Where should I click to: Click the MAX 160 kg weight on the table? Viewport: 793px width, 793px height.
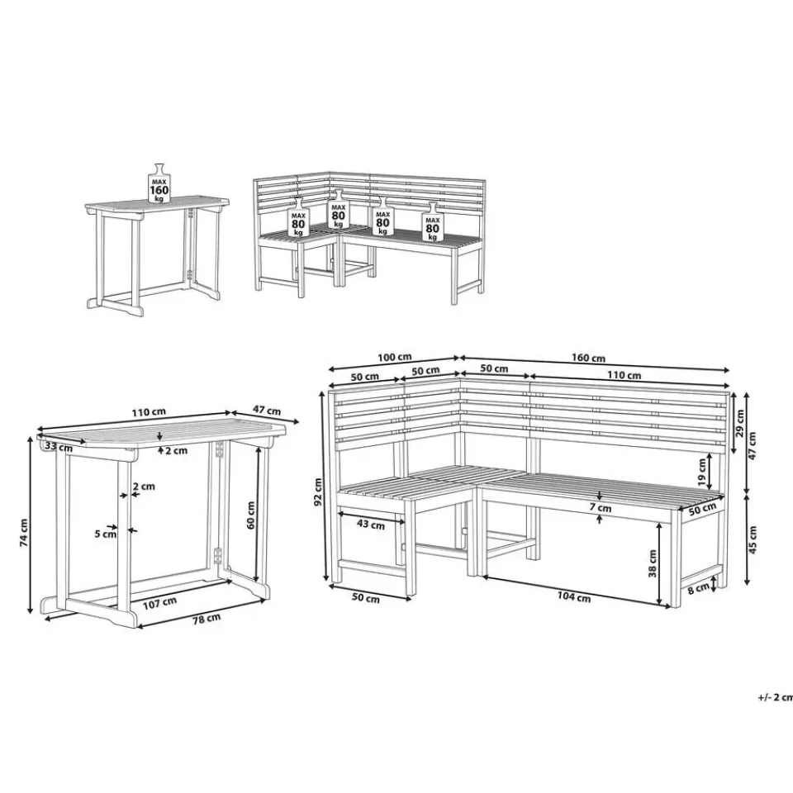tap(159, 183)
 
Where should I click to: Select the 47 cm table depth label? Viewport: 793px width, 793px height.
tap(267, 410)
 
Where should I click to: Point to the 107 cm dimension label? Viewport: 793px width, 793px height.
tap(159, 602)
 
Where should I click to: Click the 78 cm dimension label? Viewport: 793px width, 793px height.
tap(206, 618)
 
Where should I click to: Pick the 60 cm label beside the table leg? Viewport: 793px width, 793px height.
tap(251, 515)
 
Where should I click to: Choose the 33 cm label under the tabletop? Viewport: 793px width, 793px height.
tap(59, 447)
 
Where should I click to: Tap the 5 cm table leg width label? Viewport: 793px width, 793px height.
tap(105, 534)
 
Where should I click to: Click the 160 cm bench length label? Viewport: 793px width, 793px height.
tap(588, 358)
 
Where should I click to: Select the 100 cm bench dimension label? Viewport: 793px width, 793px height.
tap(395, 357)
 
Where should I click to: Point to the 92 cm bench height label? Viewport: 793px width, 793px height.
tap(317, 492)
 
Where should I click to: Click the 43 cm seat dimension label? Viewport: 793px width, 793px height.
tap(371, 525)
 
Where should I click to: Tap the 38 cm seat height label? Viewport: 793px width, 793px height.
tap(653, 563)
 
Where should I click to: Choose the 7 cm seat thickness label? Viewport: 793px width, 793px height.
tap(601, 508)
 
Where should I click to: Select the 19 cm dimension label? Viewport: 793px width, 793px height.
tap(702, 472)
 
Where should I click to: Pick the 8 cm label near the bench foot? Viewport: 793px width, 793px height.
tap(699, 587)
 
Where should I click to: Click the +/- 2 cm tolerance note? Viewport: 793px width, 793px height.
tap(776, 697)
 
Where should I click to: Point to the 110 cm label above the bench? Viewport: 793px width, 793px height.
tap(624, 375)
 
